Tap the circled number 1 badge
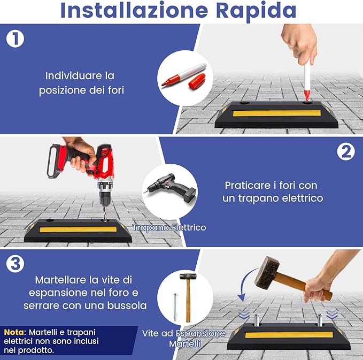[x=15, y=39]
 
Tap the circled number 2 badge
[x=345, y=152]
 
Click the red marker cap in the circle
[x=196, y=81]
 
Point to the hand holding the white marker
[x=299, y=42]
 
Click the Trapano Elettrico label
[x=169, y=228]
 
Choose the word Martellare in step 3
[x=59, y=280]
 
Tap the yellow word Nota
[x=14, y=332]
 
